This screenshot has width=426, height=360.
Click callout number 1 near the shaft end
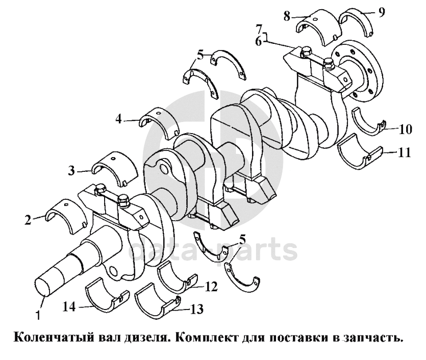39,315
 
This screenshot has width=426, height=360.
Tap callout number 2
28,220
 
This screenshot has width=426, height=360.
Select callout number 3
71,171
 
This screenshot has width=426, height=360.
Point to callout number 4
118,119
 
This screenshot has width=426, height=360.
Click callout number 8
287,16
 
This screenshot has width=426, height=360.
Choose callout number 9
382,12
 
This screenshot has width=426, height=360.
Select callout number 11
404,152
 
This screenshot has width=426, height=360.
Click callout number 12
211,287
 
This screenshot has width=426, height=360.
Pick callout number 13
196,309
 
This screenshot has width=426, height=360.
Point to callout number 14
69,307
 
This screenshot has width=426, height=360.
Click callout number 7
259,29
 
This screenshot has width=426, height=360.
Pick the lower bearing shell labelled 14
107,297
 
